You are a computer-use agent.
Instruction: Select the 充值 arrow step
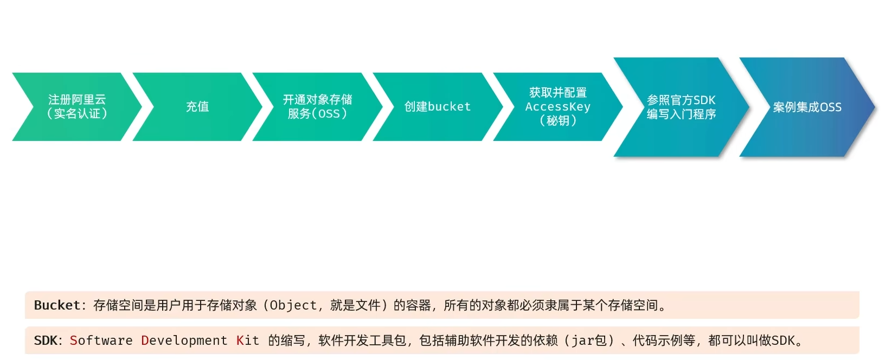[197, 107]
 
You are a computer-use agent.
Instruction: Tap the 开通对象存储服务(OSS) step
[317, 107]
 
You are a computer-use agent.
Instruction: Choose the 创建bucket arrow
[438, 107]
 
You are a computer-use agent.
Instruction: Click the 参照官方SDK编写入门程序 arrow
[681, 107]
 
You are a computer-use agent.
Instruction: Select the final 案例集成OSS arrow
[807, 107]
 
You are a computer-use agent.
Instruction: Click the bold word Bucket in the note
[57, 305]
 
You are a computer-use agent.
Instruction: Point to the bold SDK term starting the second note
[45, 340]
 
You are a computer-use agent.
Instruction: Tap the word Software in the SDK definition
[101, 340]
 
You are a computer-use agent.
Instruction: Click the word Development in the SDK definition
[184, 340]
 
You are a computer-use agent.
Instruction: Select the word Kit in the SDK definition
[248, 340]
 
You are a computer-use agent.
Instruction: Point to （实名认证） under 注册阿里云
[77, 114]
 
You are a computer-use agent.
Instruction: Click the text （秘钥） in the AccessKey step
[557, 121]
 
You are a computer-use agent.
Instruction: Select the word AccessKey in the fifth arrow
[557, 107]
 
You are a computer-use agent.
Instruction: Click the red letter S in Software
[74, 340]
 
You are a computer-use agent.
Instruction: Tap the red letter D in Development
[145, 340]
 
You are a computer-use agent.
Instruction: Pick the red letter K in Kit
[240, 340]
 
